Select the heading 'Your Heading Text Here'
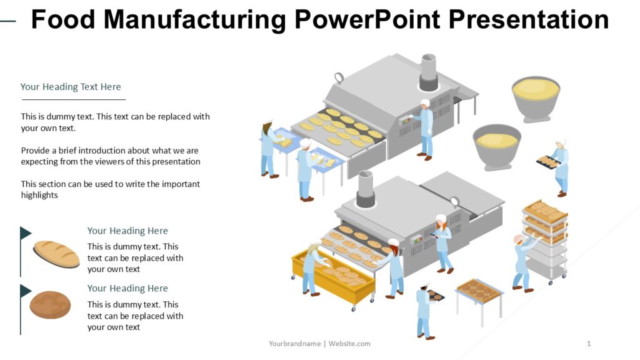(71, 87)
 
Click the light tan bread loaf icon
(56, 254)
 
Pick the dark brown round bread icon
(50, 304)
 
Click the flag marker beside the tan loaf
(25, 234)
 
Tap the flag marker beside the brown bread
(25, 291)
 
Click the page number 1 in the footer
(589, 343)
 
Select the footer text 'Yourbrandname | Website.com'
(319, 343)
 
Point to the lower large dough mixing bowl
(497, 146)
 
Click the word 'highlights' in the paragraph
(39, 195)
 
